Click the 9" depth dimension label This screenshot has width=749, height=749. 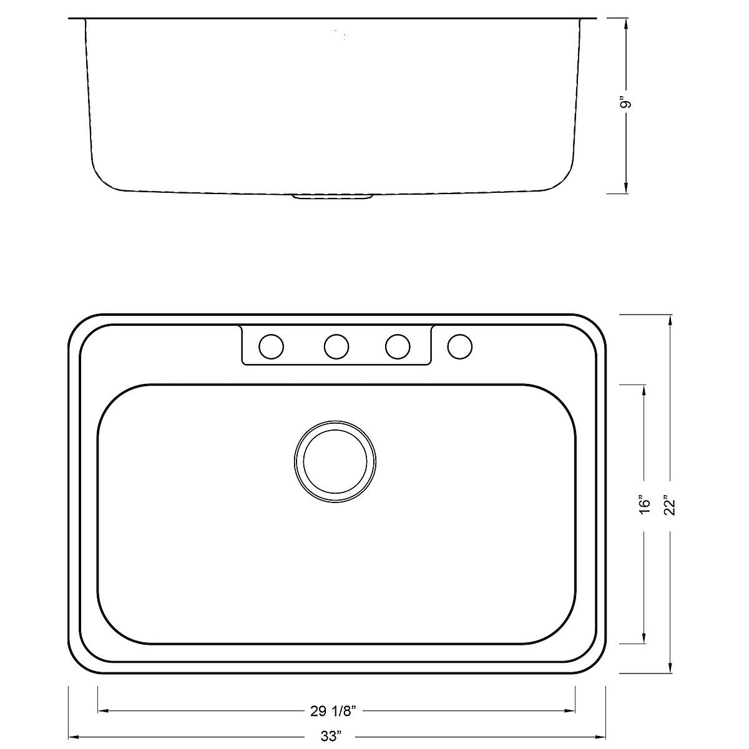(x=626, y=102)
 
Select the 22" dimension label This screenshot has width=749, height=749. (x=670, y=504)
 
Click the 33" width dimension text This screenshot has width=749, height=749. (x=333, y=735)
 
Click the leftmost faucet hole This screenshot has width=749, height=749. (x=272, y=346)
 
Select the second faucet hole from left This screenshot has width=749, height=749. (x=336, y=346)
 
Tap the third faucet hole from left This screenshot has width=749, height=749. (x=398, y=346)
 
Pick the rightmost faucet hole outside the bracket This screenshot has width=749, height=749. (x=460, y=346)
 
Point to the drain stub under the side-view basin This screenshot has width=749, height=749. (x=333, y=197)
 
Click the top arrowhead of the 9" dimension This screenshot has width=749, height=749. (x=626, y=24)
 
